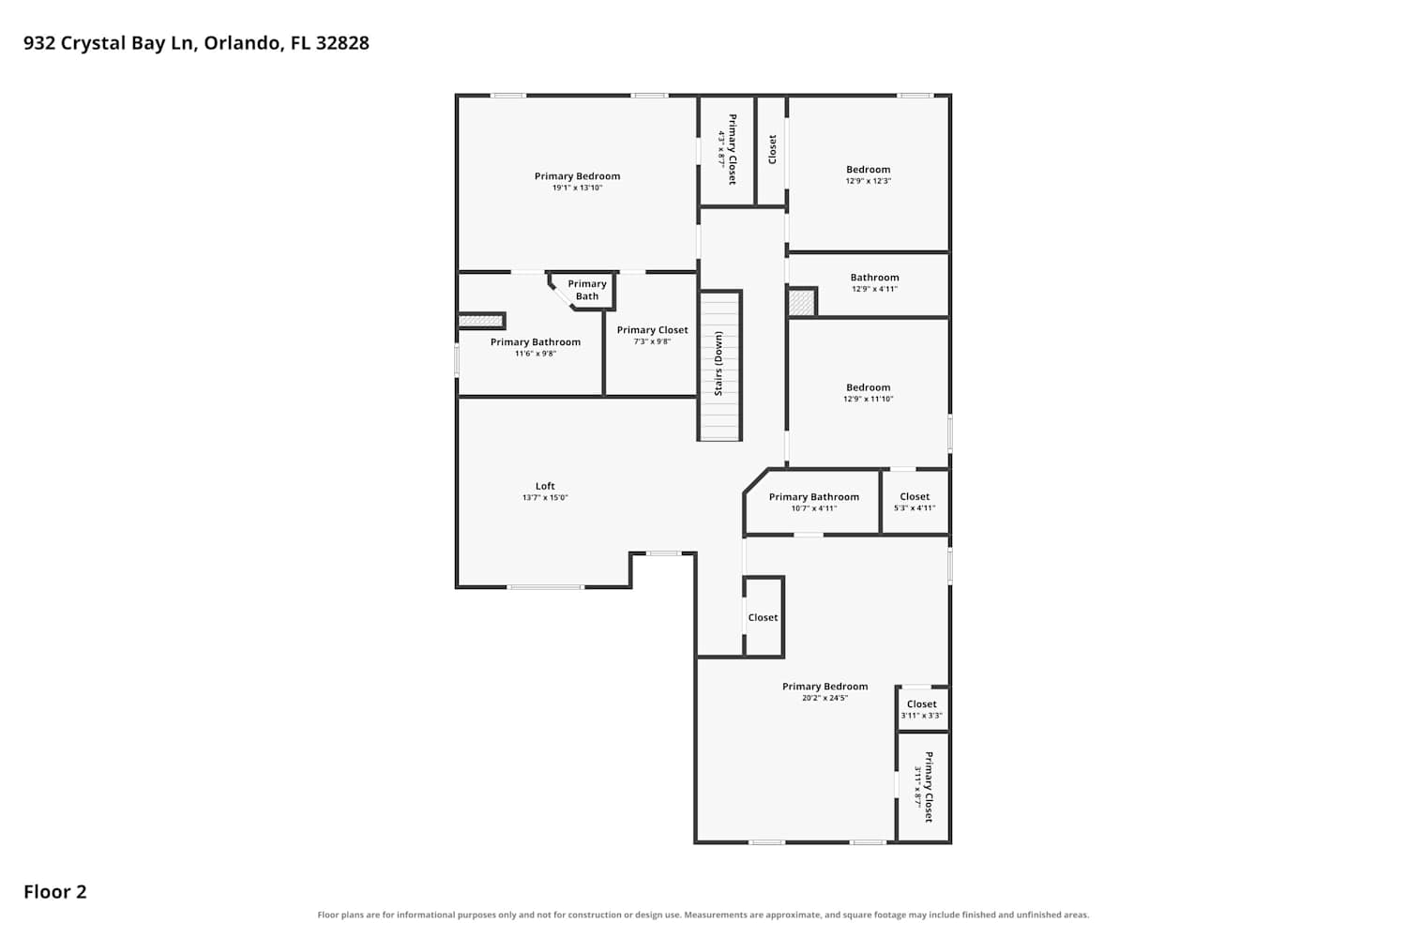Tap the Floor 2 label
coord(55,891)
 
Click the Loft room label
coord(545,486)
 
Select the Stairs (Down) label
coord(719,363)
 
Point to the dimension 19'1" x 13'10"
coord(577,188)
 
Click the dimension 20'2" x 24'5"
coord(825,697)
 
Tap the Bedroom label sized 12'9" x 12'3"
coord(868,169)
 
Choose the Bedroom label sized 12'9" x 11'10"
coord(868,387)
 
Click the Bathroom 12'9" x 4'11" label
coord(874,277)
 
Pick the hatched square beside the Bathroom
coord(801,302)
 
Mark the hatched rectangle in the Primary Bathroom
coord(480,321)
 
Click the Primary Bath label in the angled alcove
coord(587,290)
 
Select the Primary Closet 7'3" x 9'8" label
coord(652,330)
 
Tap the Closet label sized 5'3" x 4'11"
coord(915,496)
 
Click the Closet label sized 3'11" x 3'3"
coord(921,703)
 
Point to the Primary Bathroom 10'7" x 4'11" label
coord(814,496)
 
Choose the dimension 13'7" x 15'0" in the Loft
coord(545,497)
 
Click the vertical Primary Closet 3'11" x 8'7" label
coord(924,787)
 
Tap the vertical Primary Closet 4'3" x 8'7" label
coord(727,149)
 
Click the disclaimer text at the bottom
coord(703,915)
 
